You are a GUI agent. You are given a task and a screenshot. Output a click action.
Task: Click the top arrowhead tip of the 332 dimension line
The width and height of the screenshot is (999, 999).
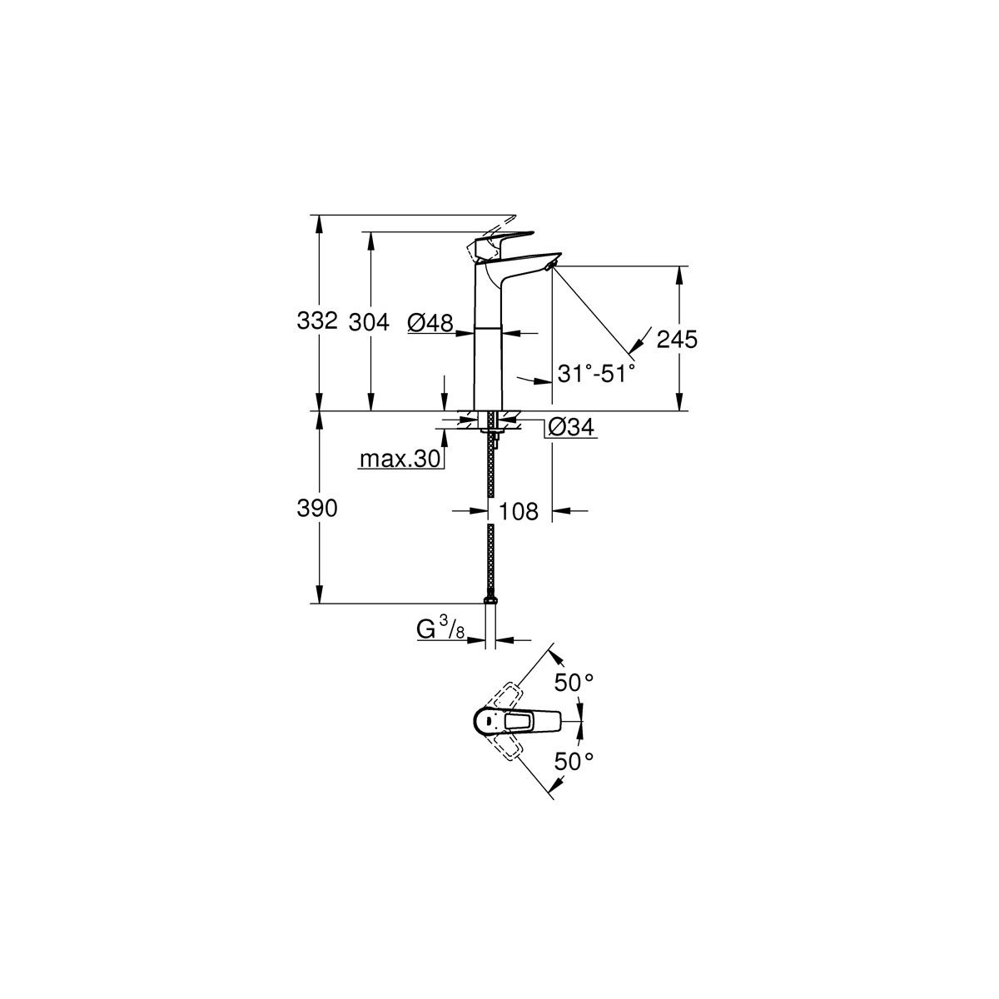tap(319, 215)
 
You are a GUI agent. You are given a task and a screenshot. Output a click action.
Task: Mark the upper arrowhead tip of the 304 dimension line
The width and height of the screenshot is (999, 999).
tap(370, 231)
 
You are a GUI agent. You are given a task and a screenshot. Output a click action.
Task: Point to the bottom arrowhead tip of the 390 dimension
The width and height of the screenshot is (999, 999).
tap(319, 603)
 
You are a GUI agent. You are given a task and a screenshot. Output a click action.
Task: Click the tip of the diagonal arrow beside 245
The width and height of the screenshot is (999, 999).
tap(630, 354)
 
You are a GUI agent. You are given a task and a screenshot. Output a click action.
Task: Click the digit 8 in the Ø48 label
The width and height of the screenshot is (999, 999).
tap(446, 322)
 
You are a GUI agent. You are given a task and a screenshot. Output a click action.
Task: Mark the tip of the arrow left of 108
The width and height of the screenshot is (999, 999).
tap(489, 511)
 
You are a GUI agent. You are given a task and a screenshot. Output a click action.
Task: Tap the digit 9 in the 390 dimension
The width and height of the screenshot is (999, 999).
tap(317, 509)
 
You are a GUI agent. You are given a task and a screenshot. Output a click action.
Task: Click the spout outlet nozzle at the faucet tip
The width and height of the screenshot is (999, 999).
tap(550, 266)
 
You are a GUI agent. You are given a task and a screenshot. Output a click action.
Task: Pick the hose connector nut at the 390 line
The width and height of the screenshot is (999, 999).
tap(490, 600)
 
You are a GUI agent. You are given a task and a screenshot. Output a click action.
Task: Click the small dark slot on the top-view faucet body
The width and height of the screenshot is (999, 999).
tap(489, 721)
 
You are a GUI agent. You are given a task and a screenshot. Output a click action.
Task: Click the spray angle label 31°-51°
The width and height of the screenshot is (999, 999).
tap(596, 374)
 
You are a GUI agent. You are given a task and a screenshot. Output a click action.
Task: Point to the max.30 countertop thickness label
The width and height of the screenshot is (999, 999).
tap(400, 459)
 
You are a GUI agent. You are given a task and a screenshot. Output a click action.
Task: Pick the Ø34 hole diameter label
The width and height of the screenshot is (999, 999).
tap(571, 427)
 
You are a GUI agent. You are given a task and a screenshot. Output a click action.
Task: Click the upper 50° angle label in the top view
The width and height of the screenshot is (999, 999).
tap(574, 683)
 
